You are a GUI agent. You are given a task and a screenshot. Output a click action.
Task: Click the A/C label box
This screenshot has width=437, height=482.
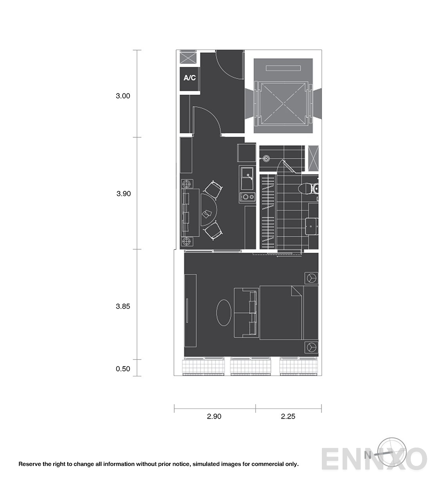(190, 79)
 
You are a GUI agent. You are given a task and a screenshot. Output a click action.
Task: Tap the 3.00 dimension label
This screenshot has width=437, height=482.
(123, 96)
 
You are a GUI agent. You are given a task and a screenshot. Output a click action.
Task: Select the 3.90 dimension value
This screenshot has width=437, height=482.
(124, 193)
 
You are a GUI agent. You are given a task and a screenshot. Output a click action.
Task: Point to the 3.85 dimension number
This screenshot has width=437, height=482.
(123, 306)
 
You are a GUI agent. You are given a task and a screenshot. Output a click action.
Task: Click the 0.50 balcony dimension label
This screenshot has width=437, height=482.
(123, 369)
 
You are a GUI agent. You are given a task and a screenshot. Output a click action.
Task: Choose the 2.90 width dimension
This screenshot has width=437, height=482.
(214, 416)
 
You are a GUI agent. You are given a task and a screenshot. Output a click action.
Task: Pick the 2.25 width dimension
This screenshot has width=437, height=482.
(288, 416)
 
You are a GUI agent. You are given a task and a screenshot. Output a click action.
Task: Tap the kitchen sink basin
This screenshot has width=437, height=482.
(247, 178)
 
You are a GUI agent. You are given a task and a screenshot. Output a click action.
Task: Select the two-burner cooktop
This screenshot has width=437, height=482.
(247, 197)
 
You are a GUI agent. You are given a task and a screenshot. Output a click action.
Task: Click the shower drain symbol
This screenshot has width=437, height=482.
(266, 158)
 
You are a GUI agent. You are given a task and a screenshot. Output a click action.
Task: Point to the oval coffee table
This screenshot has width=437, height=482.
(224, 313)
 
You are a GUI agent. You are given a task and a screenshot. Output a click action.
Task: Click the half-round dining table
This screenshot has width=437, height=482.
(209, 210)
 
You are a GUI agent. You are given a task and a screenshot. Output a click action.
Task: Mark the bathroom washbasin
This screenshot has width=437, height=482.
(312, 227)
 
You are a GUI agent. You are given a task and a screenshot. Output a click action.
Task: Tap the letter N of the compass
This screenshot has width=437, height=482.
(368, 455)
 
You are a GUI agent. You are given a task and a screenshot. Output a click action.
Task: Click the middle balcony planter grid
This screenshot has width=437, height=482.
(251, 366)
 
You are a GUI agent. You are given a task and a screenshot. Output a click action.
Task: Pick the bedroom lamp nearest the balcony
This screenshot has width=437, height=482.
(311, 347)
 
